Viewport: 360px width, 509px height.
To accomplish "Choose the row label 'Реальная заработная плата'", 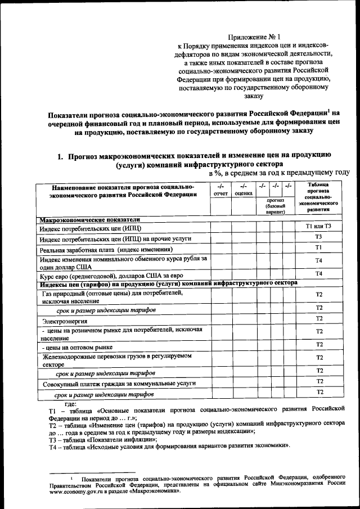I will (x=106, y=249).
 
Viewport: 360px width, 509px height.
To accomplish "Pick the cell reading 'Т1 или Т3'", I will (x=318, y=226).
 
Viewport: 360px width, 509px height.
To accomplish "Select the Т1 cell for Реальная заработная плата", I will (x=318, y=247).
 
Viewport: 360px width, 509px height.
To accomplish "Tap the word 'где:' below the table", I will (x=71, y=405).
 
